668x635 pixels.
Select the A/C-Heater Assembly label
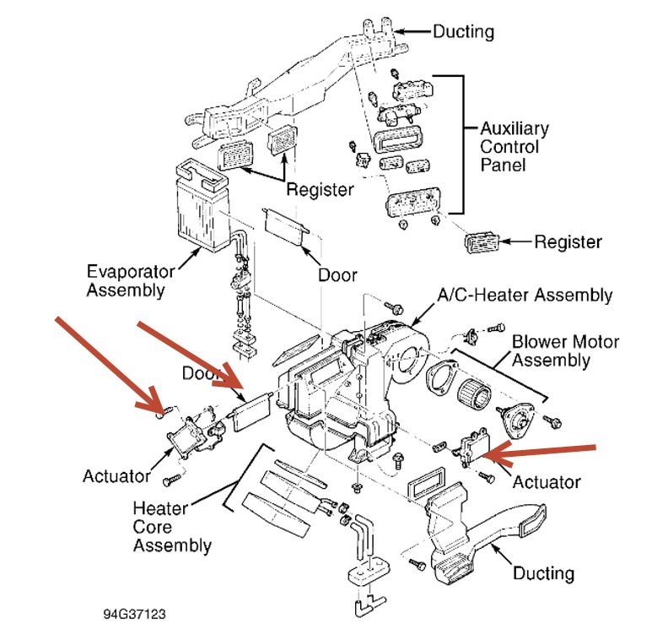(524, 296)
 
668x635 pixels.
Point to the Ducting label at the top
(463, 32)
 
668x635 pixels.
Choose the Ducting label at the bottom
(543, 573)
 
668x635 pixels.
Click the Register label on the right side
(568, 242)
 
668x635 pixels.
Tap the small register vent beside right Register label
(483, 242)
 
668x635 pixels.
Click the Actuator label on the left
(116, 475)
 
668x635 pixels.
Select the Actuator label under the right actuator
(547, 482)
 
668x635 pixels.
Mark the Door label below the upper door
(337, 275)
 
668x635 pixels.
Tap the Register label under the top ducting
(320, 189)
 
